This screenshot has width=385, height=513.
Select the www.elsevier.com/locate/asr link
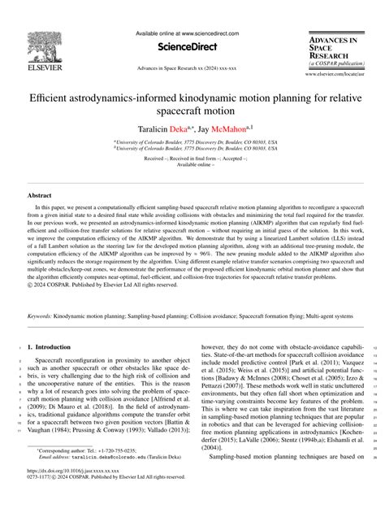(340, 74)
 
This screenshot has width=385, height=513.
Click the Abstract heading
(40, 196)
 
